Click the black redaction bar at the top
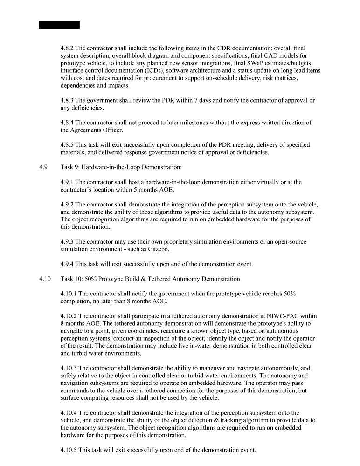click(59, 25)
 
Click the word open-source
click(289, 242)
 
